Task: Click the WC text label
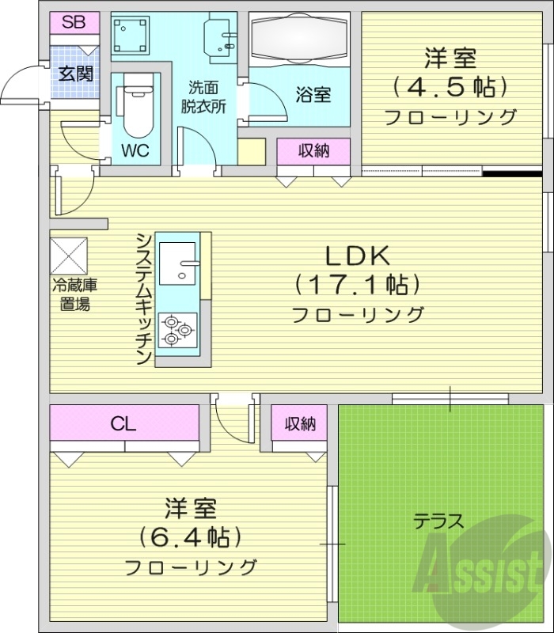click(x=135, y=150)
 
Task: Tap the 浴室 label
click(x=313, y=95)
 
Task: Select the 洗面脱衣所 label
click(x=207, y=95)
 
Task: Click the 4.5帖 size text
click(x=449, y=85)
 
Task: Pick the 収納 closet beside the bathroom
click(x=313, y=150)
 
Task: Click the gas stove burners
click(x=176, y=329)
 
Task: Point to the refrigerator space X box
click(x=70, y=255)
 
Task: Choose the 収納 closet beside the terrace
click(x=301, y=424)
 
